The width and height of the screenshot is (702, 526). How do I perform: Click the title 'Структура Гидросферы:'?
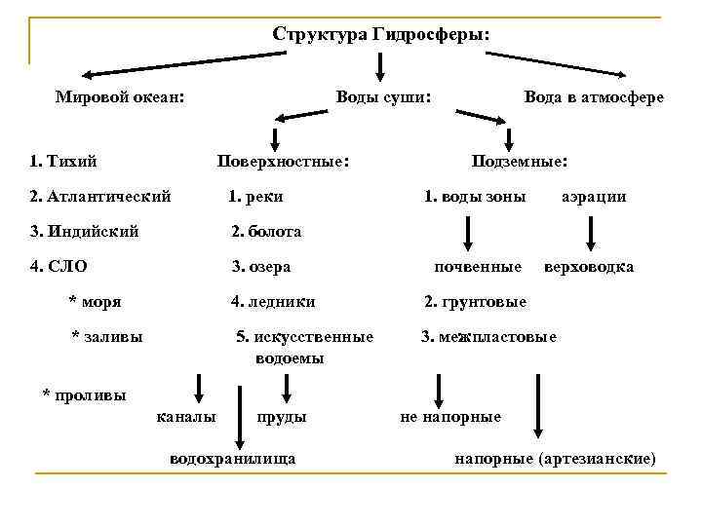381,34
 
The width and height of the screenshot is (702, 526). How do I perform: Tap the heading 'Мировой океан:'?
121,97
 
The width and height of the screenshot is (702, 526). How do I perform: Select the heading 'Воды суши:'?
383,97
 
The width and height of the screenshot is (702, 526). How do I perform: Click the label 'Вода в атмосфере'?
594,97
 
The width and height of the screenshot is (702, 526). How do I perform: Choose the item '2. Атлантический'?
100,196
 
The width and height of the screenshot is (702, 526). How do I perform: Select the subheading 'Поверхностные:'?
284,159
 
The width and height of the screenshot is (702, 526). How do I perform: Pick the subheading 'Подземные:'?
521,159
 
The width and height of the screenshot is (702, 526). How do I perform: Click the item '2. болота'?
266,232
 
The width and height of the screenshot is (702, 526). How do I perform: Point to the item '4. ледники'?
273,302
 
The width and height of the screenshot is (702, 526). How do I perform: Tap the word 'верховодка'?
589,266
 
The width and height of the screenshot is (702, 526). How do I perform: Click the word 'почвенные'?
478,266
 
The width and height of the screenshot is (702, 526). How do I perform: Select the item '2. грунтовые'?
475,302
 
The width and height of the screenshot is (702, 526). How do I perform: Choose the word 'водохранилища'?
233,457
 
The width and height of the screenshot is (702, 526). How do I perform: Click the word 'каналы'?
186,417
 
